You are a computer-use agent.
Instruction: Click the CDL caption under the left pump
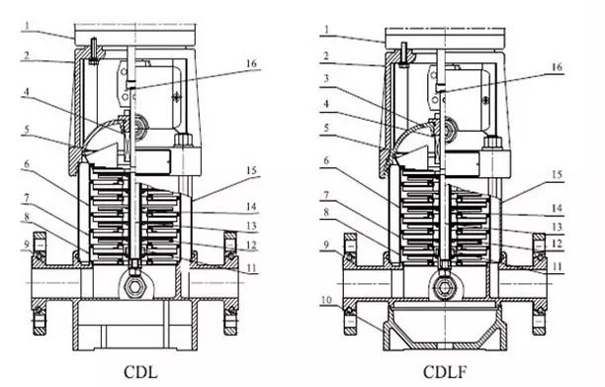[x=140, y=372]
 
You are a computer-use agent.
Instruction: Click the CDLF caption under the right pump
[x=445, y=372]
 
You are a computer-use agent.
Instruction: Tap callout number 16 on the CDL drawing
[x=251, y=63]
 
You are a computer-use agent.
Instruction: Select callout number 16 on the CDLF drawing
[x=557, y=67]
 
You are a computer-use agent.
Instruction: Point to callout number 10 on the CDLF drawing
[x=326, y=300]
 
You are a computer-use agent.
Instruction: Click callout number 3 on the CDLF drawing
[x=326, y=79]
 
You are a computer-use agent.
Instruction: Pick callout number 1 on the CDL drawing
[x=28, y=26]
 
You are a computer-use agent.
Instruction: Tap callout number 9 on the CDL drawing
[x=27, y=244]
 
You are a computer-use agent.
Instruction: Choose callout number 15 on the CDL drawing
[x=251, y=170]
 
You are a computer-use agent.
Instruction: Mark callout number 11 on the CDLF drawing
[x=557, y=266]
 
